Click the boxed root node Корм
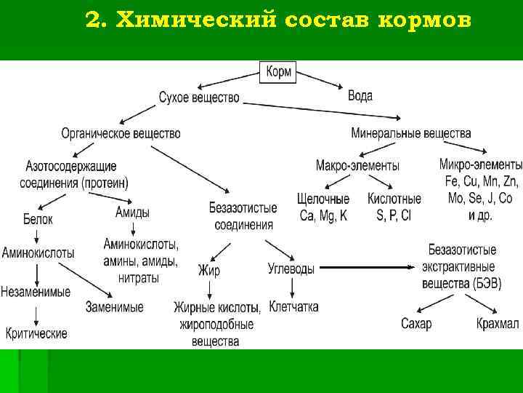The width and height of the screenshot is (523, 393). click(279, 72)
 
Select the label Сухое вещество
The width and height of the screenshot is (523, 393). click(198, 98)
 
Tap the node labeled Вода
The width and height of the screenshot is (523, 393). click(360, 96)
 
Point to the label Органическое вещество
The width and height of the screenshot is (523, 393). click(121, 134)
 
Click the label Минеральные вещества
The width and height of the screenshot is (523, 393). click(410, 134)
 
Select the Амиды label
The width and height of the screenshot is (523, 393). click(133, 213)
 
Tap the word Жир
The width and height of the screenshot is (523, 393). click(208, 270)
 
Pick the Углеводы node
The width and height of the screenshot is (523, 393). click(291, 269)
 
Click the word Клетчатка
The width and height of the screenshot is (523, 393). click(293, 306)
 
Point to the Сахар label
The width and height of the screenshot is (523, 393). click(415, 324)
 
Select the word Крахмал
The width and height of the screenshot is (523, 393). click(498, 324)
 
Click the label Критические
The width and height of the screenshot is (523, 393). click(36, 333)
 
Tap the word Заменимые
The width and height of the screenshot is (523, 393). click(114, 307)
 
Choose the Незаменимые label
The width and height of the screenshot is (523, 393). click(36, 292)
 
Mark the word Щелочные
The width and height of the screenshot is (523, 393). click(323, 199)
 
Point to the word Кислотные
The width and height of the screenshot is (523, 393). click(394, 199)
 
